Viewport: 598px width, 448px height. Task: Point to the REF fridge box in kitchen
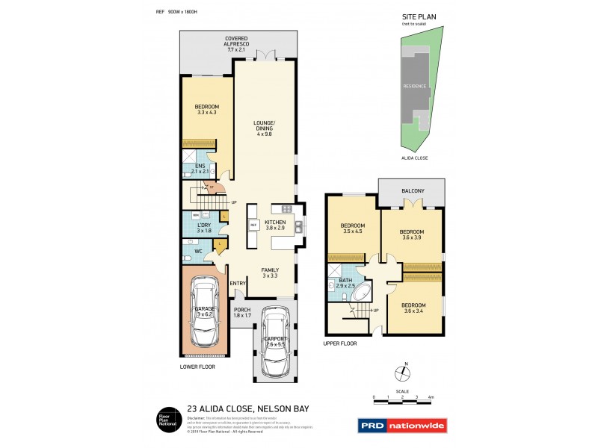pyautogui.click(x=253, y=224)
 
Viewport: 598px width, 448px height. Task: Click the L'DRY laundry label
pyautogui.click(x=203, y=228)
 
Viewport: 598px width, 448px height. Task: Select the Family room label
pyautogui.click(x=270, y=273)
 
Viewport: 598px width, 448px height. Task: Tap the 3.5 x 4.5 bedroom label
pyautogui.click(x=353, y=229)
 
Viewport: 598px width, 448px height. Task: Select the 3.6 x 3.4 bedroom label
pyautogui.click(x=413, y=309)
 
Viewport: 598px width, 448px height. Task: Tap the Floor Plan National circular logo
pyautogui.click(x=164, y=420)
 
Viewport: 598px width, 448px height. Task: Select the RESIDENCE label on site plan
pyautogui.click(x=416, y=87)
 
